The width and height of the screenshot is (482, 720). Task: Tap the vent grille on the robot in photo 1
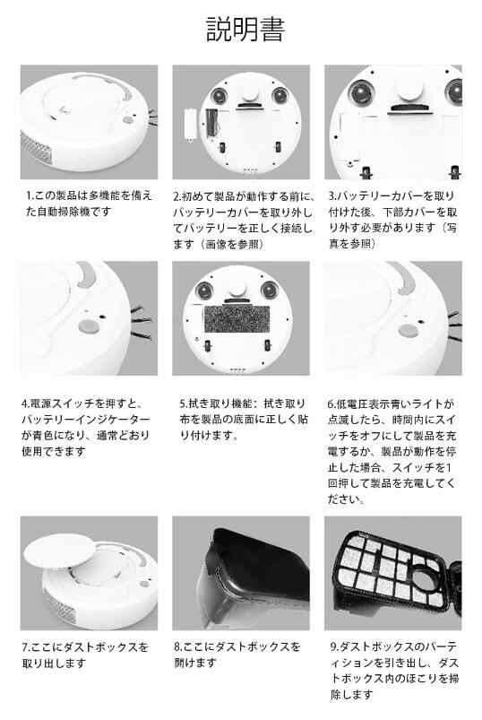tap(35, 153)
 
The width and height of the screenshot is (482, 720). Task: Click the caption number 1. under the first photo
tap(29, 195)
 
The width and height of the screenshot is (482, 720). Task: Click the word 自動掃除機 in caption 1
tap(63, 212)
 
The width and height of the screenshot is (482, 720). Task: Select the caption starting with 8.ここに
tap(237, 655)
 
